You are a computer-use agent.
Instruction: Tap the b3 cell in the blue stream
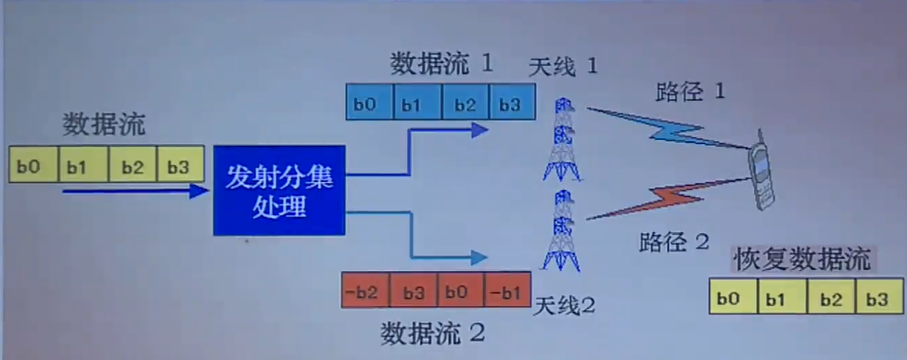click(511, 103)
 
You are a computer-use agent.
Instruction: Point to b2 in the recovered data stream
click(830, 299)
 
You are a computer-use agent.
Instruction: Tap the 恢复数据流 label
click(802, 260)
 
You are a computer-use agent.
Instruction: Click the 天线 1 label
click(563, 67)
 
